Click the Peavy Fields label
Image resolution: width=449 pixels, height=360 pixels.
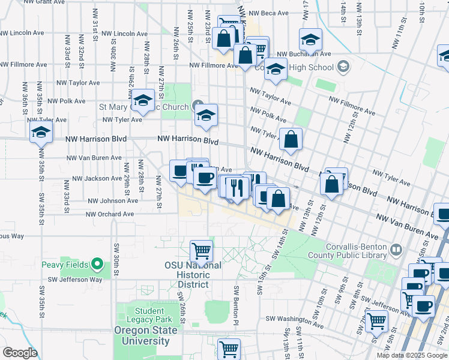pyautogui.click(x=64, y=265)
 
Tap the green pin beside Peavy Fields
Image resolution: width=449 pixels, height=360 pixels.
pyautogui.click(x=97, y=264)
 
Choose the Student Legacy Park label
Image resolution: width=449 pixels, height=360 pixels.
pyautogui.click(x=149, y=316)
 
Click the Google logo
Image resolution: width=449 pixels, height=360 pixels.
pyautogui.click(x=20, y=353)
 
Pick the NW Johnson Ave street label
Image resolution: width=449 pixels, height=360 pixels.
pyautogui.click(x=113, y=201)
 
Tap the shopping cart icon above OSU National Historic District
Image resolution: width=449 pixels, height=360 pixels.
pyautogui.click(x=202, y=251)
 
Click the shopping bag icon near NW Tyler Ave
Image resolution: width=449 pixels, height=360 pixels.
pyautogui.click(x=291, y=140)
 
